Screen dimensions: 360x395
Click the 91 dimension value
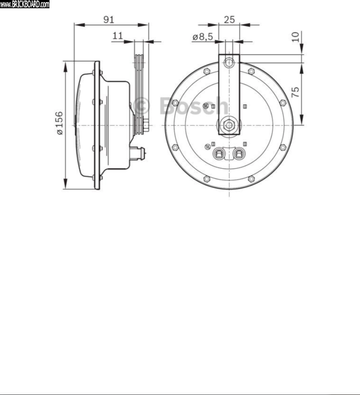click(108, 20)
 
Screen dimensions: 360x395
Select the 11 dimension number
click(118, 36)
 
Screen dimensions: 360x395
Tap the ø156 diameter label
click(59, 123)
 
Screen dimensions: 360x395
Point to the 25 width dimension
click(229, 20)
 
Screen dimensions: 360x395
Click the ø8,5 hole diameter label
click(202, 37)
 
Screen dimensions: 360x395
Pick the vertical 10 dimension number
click(295, 37)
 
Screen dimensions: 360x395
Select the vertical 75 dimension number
click(295, 92)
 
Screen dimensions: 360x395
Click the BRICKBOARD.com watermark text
click(25, 4)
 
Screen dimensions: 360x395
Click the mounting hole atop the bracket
click(229, 62)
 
